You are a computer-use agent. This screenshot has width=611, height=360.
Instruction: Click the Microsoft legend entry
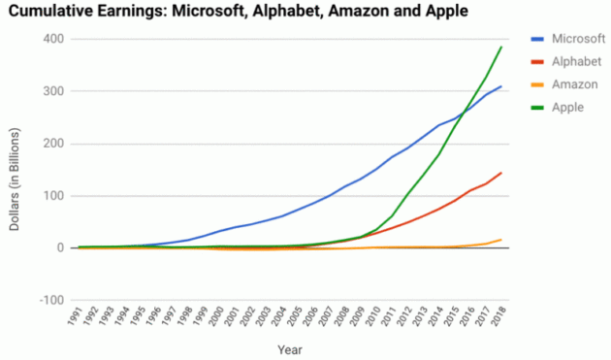tap(567, 39)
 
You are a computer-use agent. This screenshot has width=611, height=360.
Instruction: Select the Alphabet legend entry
tap(566, 62)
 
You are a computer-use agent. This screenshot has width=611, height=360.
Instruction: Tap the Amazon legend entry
tap(564, 84)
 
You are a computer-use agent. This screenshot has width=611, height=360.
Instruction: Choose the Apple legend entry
tap(558, 108)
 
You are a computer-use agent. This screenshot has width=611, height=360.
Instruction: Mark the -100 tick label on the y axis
tap(51, 301)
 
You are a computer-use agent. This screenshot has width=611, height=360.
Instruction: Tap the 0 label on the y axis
tap(60, 248)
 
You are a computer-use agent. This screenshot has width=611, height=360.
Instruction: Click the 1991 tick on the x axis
tap(75, 316)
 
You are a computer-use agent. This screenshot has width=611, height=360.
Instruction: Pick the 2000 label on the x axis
tap(216, 316)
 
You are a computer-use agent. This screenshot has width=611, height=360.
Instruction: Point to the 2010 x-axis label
tap(372, 316)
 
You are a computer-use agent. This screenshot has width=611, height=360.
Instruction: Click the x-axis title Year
tap(290, 350)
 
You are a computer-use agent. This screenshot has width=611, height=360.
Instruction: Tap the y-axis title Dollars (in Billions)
tap(15, 180)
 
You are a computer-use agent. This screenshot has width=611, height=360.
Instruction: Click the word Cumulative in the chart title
tap(50, 11)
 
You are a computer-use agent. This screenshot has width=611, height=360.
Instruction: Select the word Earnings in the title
tap(132, 11)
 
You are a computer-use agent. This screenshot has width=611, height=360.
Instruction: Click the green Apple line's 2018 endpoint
tap(501, 47)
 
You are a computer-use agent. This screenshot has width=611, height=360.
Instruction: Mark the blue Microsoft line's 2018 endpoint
tap(501, 86)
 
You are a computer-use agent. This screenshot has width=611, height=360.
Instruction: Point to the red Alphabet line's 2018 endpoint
tap(501, 173)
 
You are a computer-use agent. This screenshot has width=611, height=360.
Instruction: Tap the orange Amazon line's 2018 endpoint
tap(501, 240)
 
